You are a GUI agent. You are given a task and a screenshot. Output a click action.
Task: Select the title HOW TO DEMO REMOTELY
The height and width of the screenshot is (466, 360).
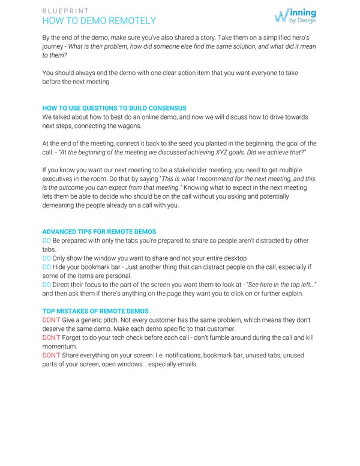coord(99,21)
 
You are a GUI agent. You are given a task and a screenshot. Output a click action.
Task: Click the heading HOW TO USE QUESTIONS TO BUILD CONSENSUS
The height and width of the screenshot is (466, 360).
coord(114,108)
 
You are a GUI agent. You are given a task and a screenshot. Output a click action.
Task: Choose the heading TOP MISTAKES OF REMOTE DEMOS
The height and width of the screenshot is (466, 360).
coord(95,311)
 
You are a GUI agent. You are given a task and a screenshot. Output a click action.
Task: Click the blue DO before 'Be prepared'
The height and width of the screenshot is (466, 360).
coord(47,241)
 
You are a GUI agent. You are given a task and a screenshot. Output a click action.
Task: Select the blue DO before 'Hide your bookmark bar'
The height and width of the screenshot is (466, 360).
coord(47,267)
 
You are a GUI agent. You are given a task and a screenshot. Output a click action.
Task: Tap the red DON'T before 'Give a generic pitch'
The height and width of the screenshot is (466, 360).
coord(50,320)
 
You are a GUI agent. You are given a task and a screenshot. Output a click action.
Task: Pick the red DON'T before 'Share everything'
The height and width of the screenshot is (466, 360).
coord(50,356)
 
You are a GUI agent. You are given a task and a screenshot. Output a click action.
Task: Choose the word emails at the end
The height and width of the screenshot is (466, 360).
coord(184,364)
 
